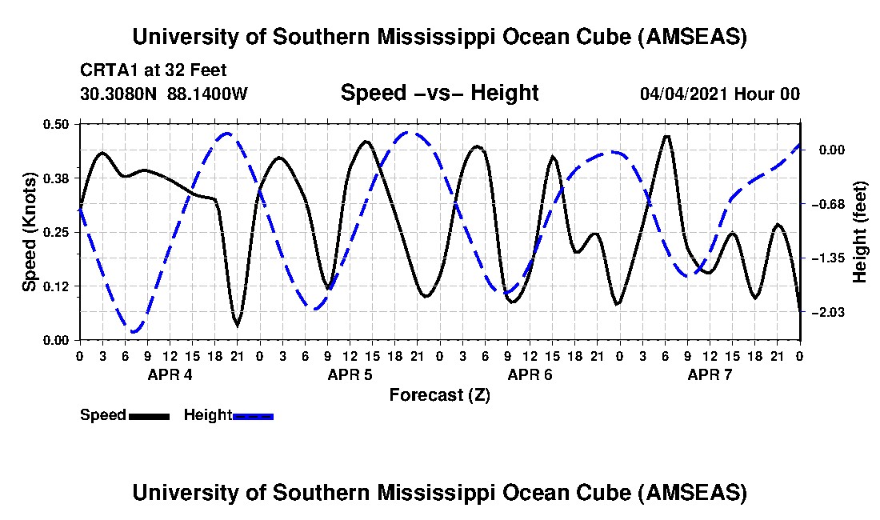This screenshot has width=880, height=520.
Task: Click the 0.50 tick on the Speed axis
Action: [58, 123]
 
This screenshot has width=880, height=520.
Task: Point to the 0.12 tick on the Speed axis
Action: [58, 286]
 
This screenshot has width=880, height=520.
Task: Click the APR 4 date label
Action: [170, 374]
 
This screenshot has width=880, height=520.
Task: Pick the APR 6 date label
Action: [530, 374]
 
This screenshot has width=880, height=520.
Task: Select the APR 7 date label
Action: [710, 374]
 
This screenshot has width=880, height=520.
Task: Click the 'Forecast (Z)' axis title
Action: [439, 394]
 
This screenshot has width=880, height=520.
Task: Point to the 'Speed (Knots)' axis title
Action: [29, 231]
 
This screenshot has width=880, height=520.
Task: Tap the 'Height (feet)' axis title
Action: [860, 232]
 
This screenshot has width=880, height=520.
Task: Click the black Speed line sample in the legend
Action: [149, 416]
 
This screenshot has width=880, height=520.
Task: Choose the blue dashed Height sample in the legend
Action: [253, 416]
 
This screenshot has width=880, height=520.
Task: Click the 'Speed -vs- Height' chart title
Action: [439, 93]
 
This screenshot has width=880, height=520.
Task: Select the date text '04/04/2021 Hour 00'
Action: [720, 94]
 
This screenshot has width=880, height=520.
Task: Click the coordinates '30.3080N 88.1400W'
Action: [164, 94]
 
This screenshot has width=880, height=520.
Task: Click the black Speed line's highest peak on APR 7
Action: [666, 137]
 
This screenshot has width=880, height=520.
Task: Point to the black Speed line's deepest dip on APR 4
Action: [237, 324]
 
